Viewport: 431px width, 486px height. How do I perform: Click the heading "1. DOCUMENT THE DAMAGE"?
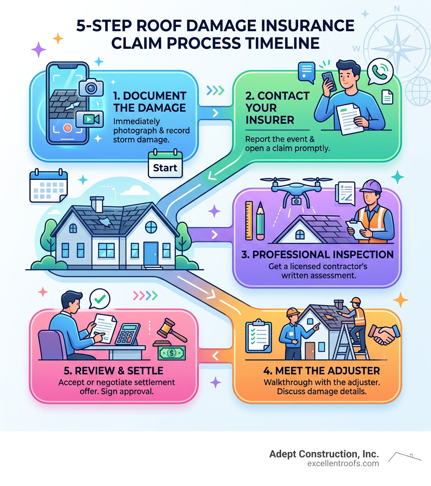click(150, 101)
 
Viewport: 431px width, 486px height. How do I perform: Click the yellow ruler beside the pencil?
click(249, 221)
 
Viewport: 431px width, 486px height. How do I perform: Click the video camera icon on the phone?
click(89, 119)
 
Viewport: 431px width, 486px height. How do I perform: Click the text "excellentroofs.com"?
click(343, 464)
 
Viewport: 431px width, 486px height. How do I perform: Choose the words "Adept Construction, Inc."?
click(324, 454)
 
